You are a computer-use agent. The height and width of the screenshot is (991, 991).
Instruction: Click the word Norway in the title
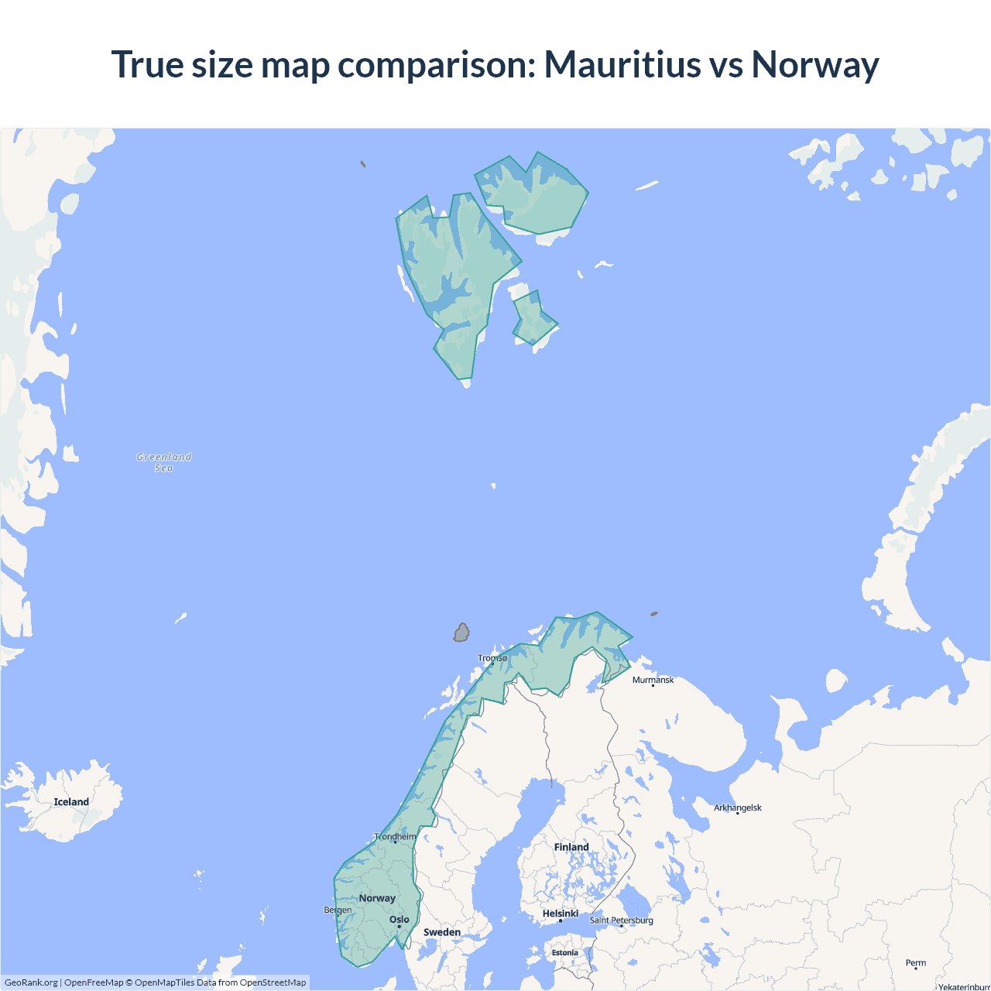pos(814,64)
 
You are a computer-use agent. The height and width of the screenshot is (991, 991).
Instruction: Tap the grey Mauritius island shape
pos(461,633)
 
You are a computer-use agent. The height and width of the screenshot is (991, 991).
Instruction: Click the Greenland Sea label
pos(164,462)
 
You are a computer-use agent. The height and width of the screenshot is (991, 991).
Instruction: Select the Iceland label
pos(71,802)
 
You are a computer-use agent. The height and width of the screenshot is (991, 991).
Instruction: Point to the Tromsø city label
pos(492,658)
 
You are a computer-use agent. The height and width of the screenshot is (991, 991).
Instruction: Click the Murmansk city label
pos(653,680)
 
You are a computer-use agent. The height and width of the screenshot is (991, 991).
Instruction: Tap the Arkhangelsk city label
pos(737,808)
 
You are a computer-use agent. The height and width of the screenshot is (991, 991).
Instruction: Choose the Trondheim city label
pos(395,837)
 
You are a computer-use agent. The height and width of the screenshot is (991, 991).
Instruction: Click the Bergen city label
pos(338,910)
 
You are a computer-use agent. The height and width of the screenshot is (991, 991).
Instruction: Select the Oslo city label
pos(399,920)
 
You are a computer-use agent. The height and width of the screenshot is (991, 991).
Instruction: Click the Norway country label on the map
pos(377,898)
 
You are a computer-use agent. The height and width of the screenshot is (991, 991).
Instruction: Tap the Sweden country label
pos(442,932)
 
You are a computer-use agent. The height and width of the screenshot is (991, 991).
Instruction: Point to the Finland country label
pos(571,847)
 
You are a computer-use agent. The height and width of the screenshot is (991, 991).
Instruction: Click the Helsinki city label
pos(561,914)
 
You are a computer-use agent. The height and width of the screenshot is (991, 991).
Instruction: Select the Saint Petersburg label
pos(621,921)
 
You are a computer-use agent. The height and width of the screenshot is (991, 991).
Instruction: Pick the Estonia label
pos(565,952)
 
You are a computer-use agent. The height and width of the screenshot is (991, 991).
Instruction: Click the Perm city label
pos(916,963)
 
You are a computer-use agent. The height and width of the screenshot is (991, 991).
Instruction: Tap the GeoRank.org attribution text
pos(31,982)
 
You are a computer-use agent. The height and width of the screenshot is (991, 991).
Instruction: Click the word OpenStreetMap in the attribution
pos(273,982)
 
